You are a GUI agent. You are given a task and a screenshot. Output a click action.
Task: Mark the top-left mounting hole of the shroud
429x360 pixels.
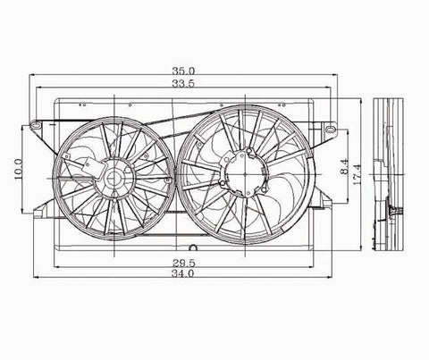point(36,122)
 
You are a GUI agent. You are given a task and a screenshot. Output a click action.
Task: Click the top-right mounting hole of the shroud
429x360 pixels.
point(328,116)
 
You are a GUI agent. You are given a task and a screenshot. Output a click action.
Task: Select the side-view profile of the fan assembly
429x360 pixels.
point(389,170)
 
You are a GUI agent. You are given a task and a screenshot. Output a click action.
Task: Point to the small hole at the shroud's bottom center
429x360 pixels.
point(190,247)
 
